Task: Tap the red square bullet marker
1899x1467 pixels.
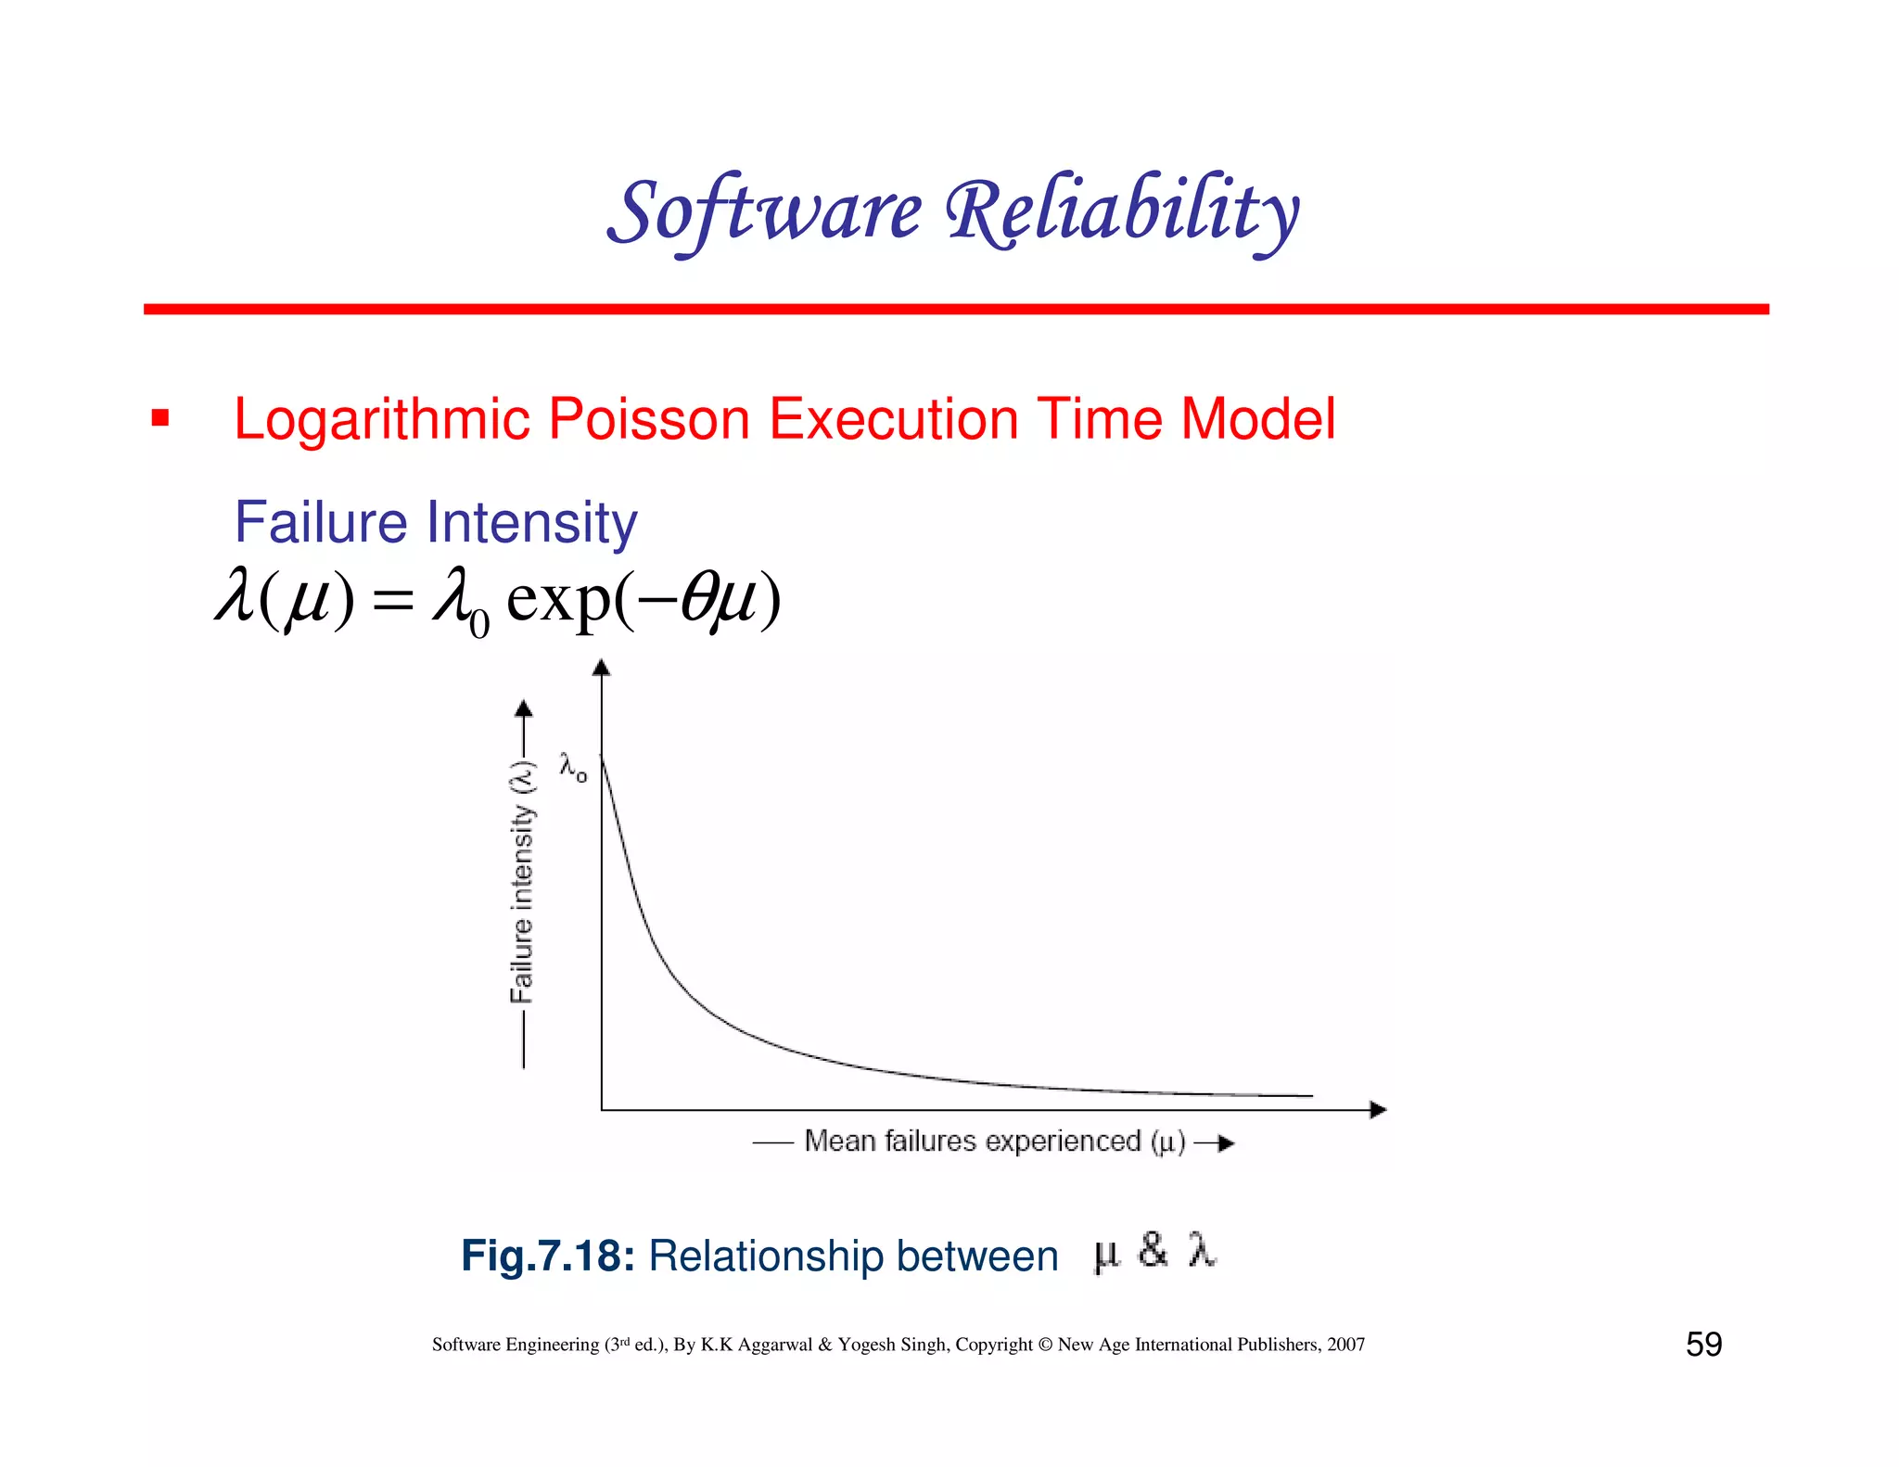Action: tap(160, 418)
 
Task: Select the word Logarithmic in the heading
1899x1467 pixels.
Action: tap(381, 419)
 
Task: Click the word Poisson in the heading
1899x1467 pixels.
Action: tap(649, 419)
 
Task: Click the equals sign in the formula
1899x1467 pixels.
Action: tap(392, 601)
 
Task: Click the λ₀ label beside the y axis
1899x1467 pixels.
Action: tap(572, 767)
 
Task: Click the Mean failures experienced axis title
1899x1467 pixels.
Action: tap(994, 1142)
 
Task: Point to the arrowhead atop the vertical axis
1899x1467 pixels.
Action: tap(602, 668)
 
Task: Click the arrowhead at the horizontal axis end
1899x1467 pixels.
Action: tap(1378, 1110)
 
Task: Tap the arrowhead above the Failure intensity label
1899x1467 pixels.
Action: tap(524, 709)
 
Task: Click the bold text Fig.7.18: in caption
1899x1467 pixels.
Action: tap(547, 1257)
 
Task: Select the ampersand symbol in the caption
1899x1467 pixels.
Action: tap(1153, 1251)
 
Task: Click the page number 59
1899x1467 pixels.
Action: tap(1703, 1345)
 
